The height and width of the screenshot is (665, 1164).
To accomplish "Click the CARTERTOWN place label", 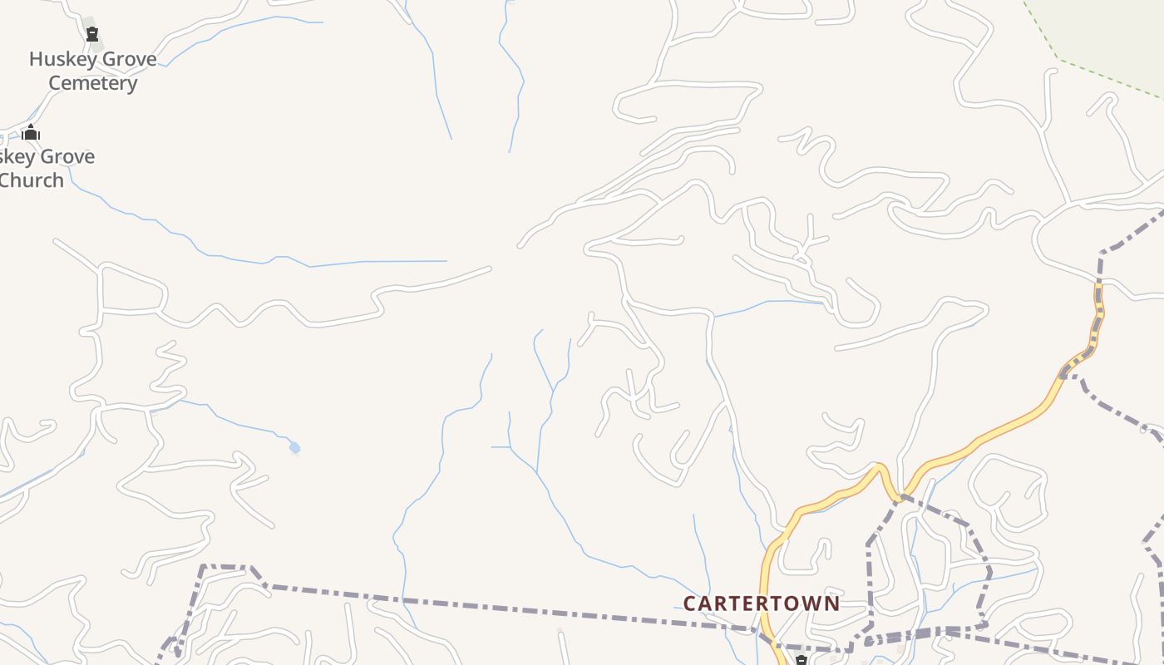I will pos(761,603).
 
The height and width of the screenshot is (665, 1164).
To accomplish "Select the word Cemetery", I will pos(92,83).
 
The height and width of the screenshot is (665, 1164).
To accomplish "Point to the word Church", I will pos(32,180).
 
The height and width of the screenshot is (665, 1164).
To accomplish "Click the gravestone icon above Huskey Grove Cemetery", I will pos(92,34).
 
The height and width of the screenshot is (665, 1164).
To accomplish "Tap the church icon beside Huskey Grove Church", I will pos(31,132).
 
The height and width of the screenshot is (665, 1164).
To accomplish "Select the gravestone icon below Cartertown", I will pos(801,661).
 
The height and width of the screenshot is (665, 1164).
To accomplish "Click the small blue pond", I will pos(294,448).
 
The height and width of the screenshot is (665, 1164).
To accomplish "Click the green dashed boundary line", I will pos(1106,79).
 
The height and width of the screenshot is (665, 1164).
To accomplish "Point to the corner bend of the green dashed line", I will pos(1058,58).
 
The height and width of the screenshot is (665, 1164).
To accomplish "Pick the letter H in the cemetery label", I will pos(36,59).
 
